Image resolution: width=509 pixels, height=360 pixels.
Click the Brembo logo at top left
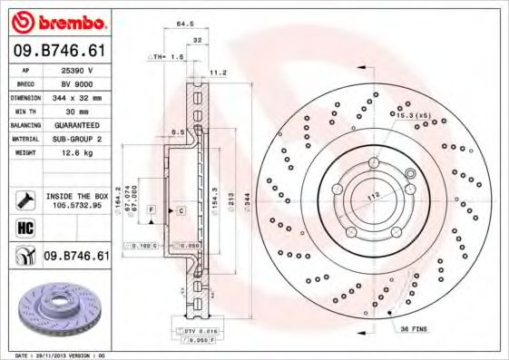[x=59, y=21]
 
